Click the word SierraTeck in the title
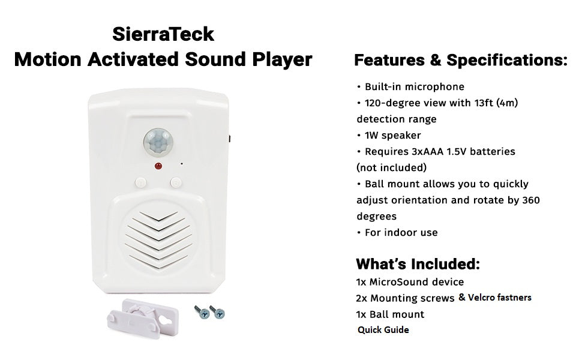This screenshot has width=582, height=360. pyautogui.click(x=163, y=34)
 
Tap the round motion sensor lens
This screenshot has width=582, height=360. pyautogui.click(x=158, y=142)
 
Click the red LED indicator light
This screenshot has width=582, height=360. pyautogui.click(x=158, y=166)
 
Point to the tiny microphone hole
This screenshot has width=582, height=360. pyautogui.click(x=182, y=163)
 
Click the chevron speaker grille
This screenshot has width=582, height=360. pyautogui.click(x=159, y=238)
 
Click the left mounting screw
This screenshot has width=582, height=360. pyautogui.click(x=203, y=312)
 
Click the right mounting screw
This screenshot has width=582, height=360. pyautogui.click(x=218, y=312)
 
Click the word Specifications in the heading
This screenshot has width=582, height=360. pyautogui.click(x=507, y=60)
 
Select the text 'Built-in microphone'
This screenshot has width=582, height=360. pyautogui.click(x=415, y=87)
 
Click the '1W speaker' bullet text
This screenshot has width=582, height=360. pyautogui.click(x=393, y=136)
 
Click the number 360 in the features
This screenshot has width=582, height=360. pyautogui.click(x=531, y=200)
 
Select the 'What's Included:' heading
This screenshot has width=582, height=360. pyautogui.click(x=418, y=264)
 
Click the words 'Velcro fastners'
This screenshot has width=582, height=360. pyautogui.click(x=500, y=297)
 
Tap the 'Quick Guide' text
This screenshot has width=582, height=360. pyautogui.click(x=383, y=330)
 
